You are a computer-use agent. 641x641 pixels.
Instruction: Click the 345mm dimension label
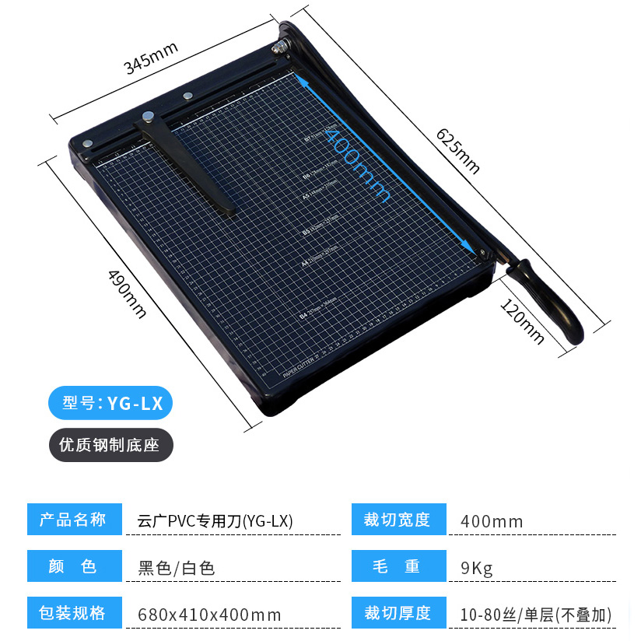[152, 58]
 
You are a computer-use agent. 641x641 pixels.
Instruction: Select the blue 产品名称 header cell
[74, 520]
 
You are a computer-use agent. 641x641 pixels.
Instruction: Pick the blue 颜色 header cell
[74, 566]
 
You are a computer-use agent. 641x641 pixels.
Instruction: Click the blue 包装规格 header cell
[74, 612]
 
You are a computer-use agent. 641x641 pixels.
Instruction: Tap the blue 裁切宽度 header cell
[397, 520]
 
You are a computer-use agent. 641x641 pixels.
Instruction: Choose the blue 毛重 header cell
[397, 566]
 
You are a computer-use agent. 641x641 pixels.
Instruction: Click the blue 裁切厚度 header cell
[397, 612]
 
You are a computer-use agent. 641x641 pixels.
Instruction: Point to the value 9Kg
[477, 568]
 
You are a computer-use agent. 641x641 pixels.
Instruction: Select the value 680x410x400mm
[209, 615]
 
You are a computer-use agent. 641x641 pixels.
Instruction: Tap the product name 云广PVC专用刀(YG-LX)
[215, 521]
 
